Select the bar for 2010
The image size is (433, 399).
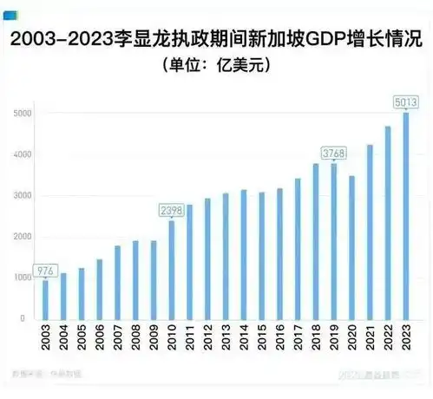(x=172, y=270)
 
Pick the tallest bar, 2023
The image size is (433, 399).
(x=406, y=216)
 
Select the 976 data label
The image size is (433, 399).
(x=45, y=270)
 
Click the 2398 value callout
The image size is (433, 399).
(x=172, y=210)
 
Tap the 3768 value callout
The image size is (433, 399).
(x=334, y=153)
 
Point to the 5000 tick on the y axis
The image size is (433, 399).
(x=22, y=114)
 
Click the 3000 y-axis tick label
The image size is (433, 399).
(x=22, y=196)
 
